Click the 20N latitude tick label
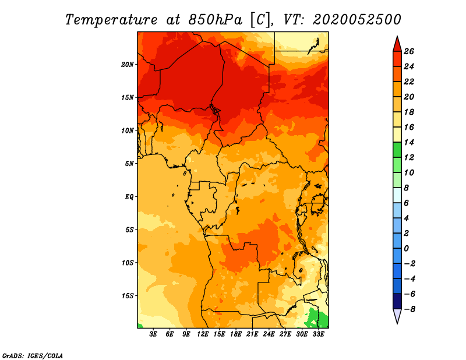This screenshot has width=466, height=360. (x=128, y=65)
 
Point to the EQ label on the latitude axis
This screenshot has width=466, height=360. (x=129, y=197)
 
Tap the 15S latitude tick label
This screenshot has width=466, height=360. (x=128, y=296)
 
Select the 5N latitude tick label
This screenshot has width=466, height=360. (x=129, y=164)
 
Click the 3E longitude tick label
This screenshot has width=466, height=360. (x=153, y=334)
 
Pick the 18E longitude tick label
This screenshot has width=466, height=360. (x=236, y=334)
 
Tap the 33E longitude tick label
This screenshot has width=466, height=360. (x=318, y=334)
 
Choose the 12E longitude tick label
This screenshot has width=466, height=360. (x=203, y=334)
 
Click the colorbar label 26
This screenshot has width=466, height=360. (x=409, y=51)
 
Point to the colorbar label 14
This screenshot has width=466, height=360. (x=409, y=142)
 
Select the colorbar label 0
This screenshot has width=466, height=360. (x=406, y=249)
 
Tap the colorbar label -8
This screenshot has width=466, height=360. (x=409, y=309)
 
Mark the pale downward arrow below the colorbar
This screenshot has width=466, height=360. (x=397, y=316)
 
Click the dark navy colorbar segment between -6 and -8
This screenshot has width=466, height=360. (x=397, y=301)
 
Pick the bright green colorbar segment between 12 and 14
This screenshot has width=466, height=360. (x=397, y=150)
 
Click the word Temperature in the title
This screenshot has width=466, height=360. (x=111, y=20)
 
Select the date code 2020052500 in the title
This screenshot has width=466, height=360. (x=357, y=20)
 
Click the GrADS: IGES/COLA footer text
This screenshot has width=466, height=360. (x=33, y=356)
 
